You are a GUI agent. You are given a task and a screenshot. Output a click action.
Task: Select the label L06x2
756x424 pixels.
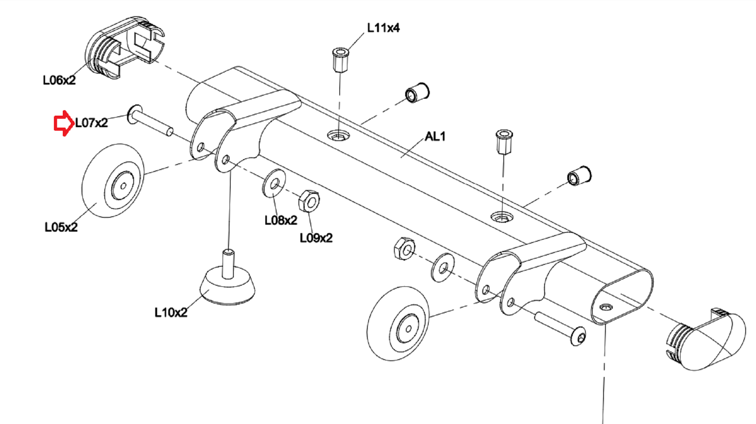(x=59, y=80)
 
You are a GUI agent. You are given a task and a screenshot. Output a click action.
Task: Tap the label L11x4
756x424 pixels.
(x=383, y=28)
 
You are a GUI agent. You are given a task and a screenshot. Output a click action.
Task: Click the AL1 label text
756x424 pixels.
(x=435, y=136)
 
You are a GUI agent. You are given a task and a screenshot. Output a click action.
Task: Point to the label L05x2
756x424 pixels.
(x=61, y=227)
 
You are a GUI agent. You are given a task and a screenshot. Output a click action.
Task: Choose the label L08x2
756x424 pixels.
(x=281, y=220)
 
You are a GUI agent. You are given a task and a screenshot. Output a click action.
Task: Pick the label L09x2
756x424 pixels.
(x=316, y=238)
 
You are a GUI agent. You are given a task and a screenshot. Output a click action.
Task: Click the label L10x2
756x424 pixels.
(x=171, y=312)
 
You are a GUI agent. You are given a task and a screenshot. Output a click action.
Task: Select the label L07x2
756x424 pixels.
(x=91, y=123)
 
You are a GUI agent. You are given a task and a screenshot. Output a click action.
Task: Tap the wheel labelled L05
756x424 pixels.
(x=113, y=181)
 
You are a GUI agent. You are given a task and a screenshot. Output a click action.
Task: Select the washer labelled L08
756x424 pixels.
(x=274, y=183)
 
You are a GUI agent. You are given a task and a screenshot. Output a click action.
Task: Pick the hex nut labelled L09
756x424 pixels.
(x=309, y=201)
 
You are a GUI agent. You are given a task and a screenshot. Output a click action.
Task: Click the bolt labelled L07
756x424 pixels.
(x=149, y=120)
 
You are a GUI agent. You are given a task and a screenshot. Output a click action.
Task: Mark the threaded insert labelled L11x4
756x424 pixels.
(x=340, y=60)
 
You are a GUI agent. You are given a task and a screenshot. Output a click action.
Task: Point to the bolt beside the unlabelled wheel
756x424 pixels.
(x=560, y=329)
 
